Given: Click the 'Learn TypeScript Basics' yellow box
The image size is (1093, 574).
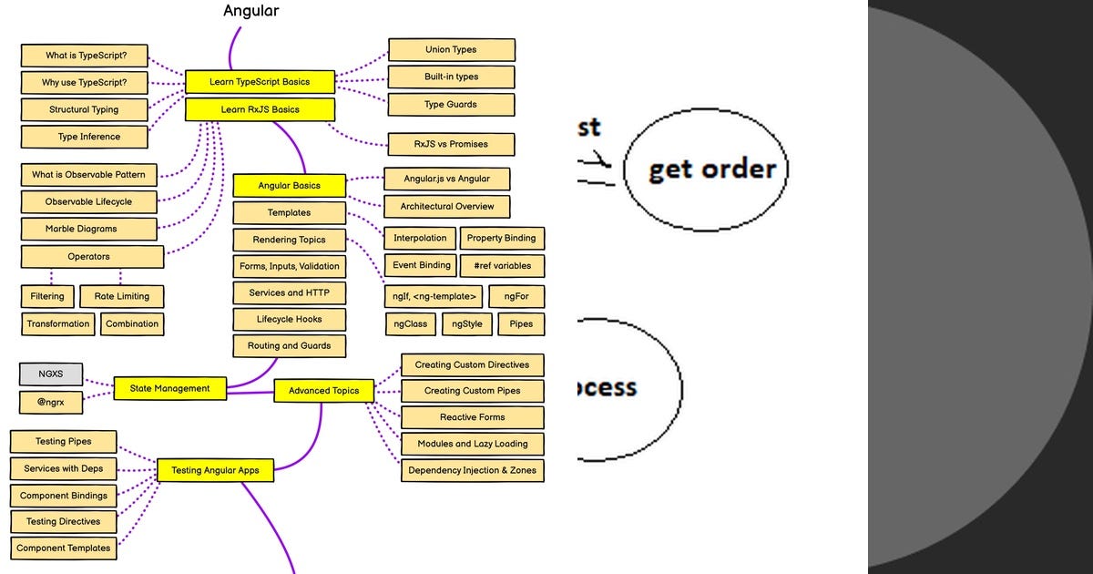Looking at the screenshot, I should pos(260,82).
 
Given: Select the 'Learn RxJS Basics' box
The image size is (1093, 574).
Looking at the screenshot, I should pos(260,109).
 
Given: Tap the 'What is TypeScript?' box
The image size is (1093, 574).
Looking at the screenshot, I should pos(86,56).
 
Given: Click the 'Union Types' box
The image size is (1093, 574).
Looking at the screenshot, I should pos(451,50).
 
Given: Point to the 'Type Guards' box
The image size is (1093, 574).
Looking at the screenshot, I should pos(451,105).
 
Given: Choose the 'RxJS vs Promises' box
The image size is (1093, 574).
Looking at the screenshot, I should pos(451,144).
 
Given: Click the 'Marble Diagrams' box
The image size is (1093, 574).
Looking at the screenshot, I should pos(81,229).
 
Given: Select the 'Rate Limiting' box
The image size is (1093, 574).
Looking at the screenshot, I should pos(121,296).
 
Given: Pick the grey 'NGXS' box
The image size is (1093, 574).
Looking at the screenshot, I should pos(51,374).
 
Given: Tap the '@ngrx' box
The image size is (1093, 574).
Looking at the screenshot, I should pos(51,402).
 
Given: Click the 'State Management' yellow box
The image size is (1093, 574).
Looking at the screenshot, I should pos(169,388).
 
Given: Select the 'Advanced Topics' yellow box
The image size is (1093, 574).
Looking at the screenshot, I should pos(323,391).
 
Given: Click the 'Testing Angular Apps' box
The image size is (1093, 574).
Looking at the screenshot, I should pos(215,471).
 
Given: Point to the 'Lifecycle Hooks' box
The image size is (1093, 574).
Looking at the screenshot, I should pos(289,320).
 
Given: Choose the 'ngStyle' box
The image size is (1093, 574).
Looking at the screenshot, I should pos(467,323).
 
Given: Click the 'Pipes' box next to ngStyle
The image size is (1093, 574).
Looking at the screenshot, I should pos(521,323).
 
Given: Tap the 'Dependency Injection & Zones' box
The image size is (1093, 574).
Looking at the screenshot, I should pos(472,470).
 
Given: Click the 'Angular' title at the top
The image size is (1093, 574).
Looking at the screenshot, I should pos(251,11).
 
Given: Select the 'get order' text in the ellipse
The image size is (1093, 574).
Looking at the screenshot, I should pos(711,169).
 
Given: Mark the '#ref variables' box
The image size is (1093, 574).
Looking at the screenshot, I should pos(502,266).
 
